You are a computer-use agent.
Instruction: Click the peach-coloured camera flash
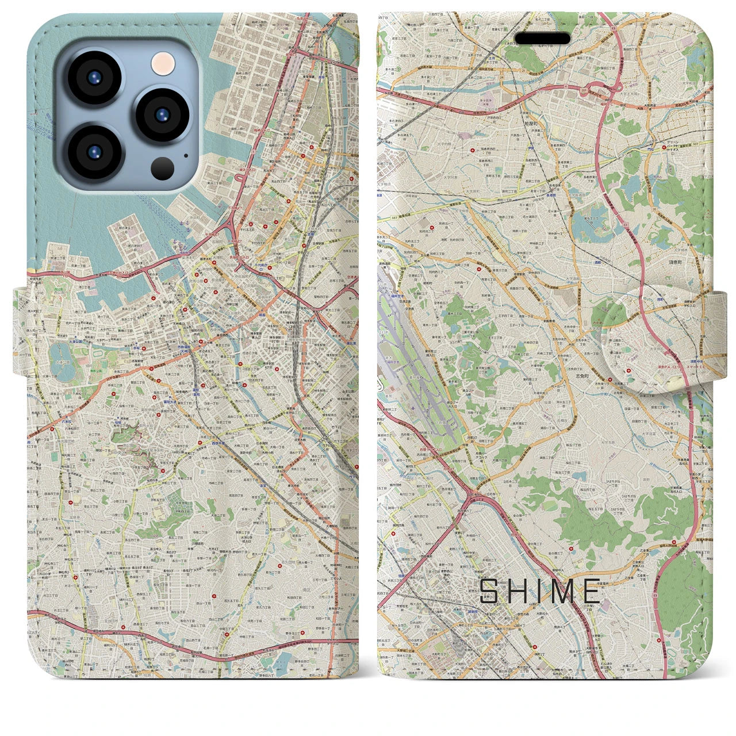(164, 63)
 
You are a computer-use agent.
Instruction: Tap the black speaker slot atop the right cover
(542, 39)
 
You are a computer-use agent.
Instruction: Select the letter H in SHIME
(516, 591)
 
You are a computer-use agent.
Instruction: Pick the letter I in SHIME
(539, 591)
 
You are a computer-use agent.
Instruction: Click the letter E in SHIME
(592, 591)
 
